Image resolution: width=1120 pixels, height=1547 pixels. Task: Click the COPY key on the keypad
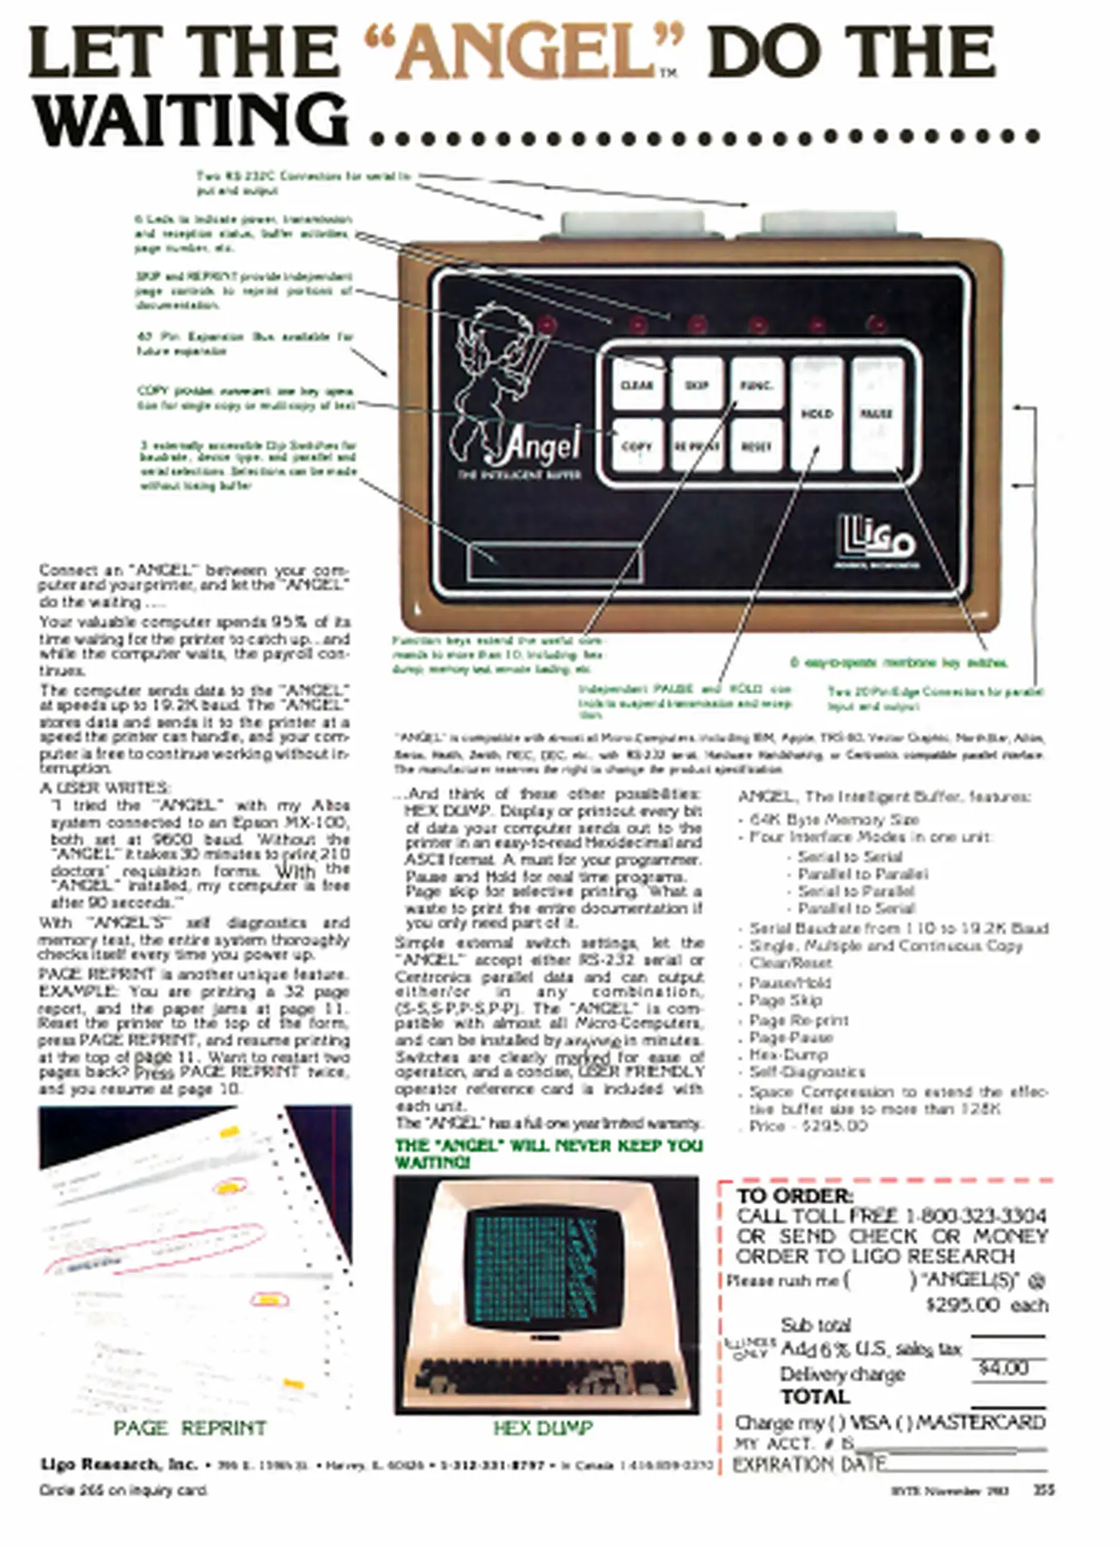[x=637, y=445]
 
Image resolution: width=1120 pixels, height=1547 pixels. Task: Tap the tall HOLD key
[x=816, y=414]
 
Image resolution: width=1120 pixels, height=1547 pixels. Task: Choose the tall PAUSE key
[x=877, y=414]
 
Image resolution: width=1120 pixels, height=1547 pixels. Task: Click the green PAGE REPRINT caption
[x=190, y=1428]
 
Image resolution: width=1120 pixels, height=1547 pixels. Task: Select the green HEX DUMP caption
[x=543, y=1428]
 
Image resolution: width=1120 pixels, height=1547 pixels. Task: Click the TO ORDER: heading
[x=795, y=1196]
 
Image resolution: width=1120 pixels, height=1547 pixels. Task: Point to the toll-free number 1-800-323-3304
[x=975, y=1216]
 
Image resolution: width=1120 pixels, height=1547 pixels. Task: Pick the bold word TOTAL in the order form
[x=815, y=1397]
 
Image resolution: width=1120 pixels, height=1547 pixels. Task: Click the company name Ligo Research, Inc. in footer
[x=119, y=1465]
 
